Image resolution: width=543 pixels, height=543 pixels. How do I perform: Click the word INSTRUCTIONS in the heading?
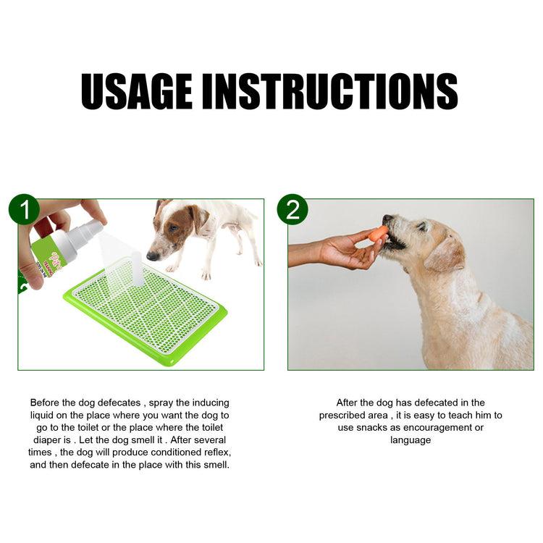329,91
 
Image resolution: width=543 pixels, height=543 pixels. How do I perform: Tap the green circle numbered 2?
292,210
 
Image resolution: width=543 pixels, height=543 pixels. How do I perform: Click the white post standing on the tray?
135,269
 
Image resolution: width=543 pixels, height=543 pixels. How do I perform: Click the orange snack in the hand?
378,233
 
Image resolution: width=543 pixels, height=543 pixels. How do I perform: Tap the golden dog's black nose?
387,218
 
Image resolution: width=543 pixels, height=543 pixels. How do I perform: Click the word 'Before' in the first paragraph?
46,402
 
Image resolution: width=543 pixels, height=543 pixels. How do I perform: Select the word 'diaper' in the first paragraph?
45,439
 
